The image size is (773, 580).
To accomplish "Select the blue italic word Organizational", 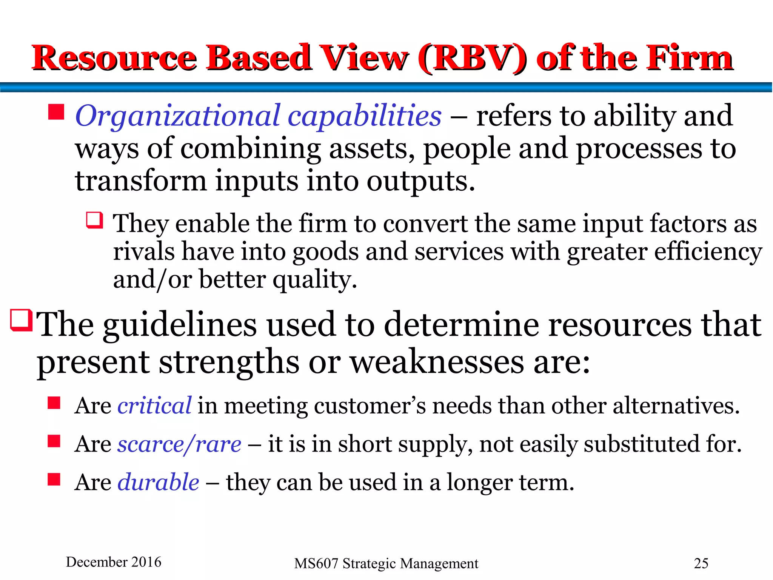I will (178, 116).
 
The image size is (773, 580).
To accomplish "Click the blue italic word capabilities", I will (364, 116).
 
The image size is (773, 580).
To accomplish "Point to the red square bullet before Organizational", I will (56, 112).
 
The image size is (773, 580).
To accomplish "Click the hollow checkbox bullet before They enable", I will (94, 220).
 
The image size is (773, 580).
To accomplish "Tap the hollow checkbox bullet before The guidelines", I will (21, 320).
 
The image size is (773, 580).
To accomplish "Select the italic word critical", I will (154, 406).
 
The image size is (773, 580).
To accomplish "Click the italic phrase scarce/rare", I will (179, 444).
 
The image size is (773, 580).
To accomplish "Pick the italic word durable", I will (158, 482).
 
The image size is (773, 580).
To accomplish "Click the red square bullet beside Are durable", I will (54, 479).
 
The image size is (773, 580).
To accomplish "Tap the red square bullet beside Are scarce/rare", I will (54, 441).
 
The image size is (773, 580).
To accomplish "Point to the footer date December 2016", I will (113, 562).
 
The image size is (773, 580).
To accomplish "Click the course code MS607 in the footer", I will (316, 563).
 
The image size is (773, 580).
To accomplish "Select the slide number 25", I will (701, 563).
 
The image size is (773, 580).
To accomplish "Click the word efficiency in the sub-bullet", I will (708, 252).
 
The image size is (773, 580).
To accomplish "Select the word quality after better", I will (314, 280).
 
